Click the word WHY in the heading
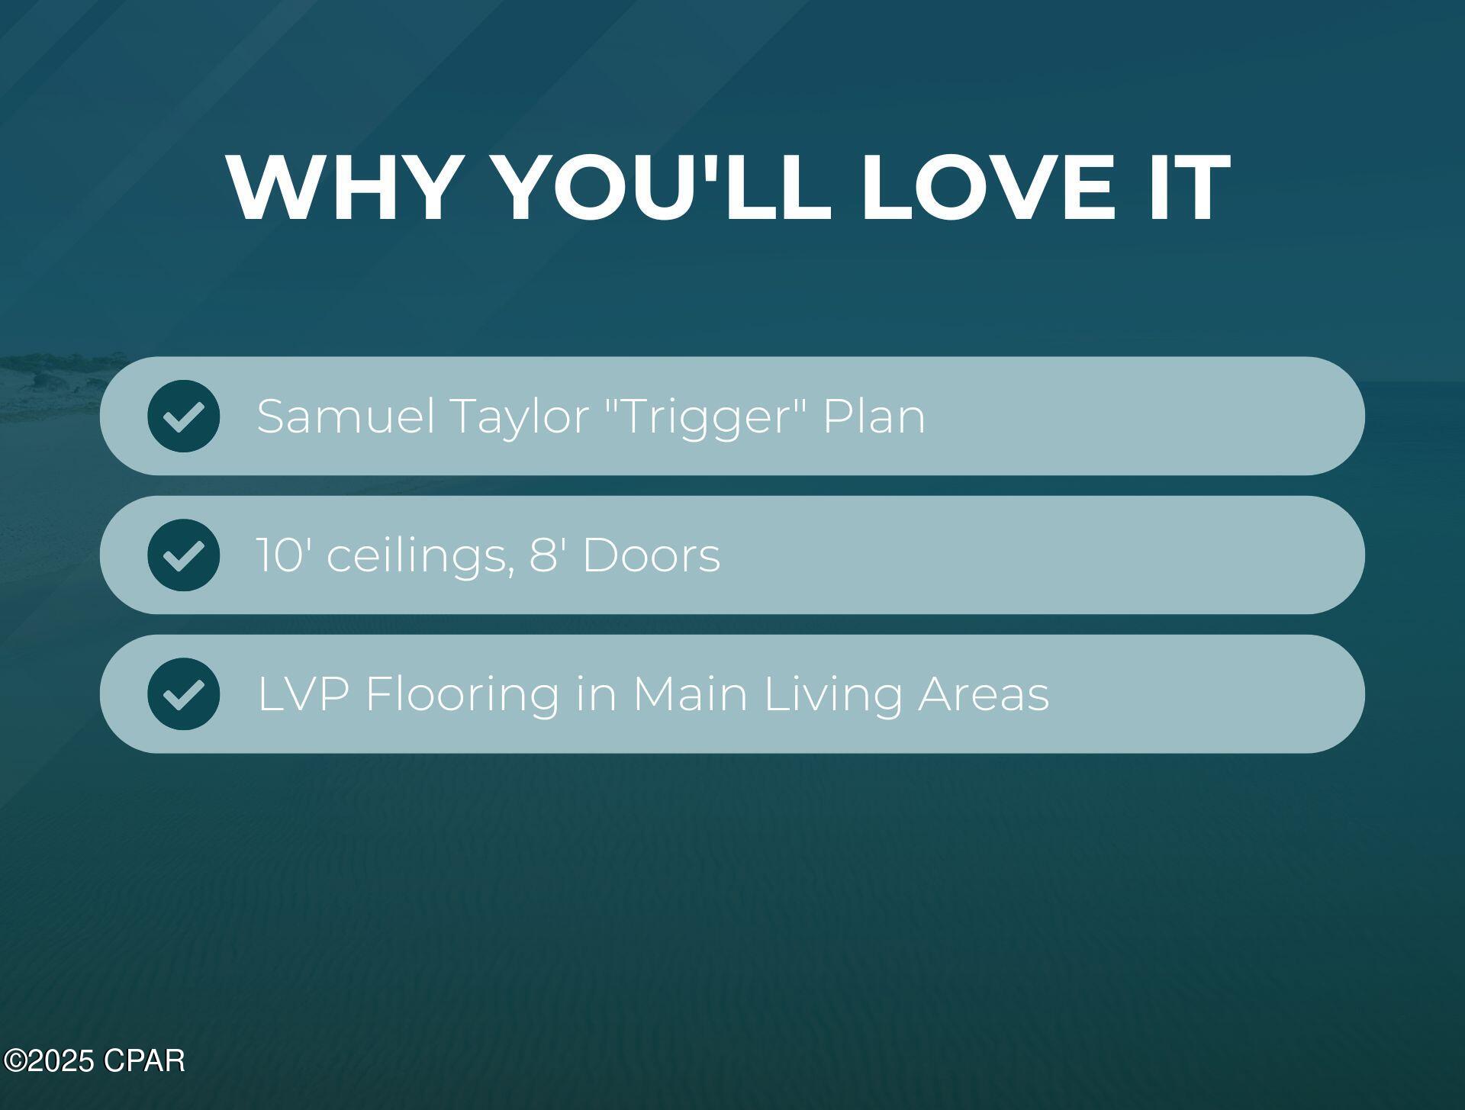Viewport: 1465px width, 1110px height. pyautogui.click(x=342, y=187)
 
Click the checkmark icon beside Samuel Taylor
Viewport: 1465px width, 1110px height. pyautogui.click(x=183, y=416)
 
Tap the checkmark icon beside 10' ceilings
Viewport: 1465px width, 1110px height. pyautogui.click(x=183, y=555)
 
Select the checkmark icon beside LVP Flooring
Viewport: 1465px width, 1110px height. pyautogui.click(x=183, y=693)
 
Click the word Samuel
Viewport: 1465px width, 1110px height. pyautogui.click(x=346, y=417)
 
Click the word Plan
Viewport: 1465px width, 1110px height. pyautogui.click(x=874, y=417)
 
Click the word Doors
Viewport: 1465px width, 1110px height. pyautogui.click(x=651, y=555)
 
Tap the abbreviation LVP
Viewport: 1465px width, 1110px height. pyautogui.click(x=304, y=693)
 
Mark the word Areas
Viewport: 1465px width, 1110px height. pyautogui.click(x=984, y=693)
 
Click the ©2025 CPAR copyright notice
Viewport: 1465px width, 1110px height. pyautogui.click(x=94, y=1061)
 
